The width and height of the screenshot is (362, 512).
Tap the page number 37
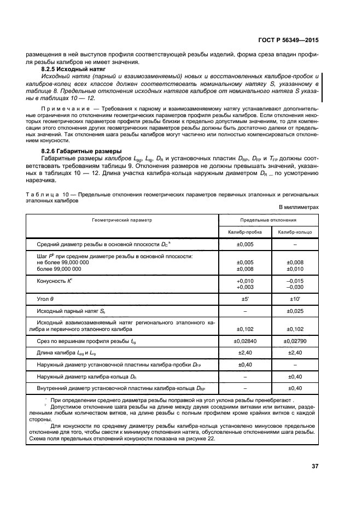point(314,466)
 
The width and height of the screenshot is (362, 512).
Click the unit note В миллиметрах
point(298,207)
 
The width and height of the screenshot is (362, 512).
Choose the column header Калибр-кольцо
point(295,232)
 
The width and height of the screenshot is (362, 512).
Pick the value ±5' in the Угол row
point(245,299)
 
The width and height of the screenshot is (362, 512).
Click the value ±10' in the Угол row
point(295,299)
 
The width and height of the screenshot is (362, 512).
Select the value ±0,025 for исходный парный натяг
point(295,312)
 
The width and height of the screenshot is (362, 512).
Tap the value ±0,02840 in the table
point(245,342)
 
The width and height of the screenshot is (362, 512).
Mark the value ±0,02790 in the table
point(295,342)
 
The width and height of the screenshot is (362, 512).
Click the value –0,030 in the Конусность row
point(295,287)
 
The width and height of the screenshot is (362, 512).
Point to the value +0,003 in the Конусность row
point(245,287)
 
